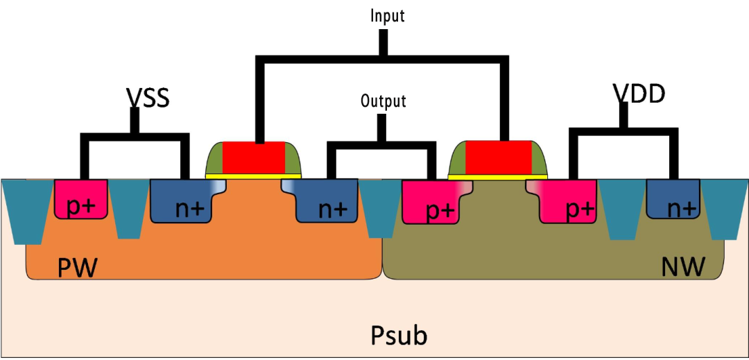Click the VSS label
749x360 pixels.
[x=148, y=98]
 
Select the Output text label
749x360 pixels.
[x=383, y=101]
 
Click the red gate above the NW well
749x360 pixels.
[x=498, y=157]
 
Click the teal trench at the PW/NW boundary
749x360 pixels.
[x=380, y=205]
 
